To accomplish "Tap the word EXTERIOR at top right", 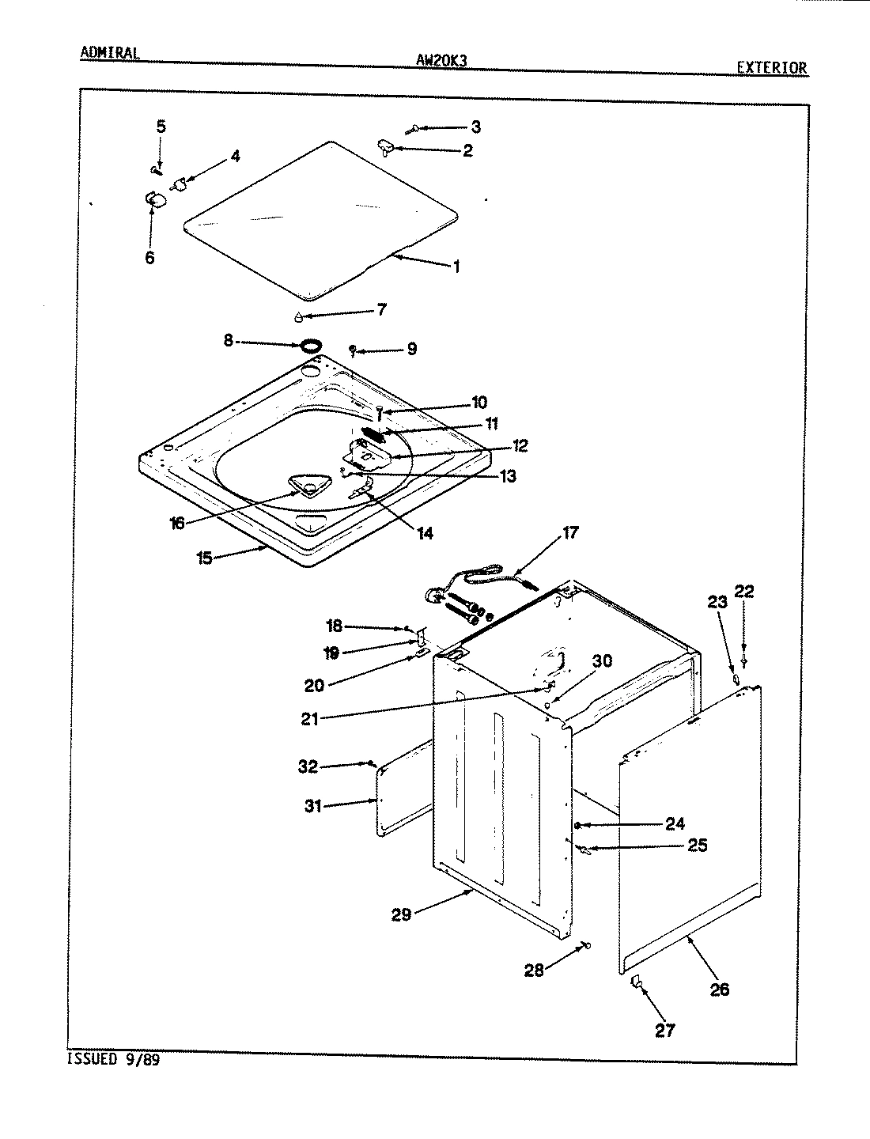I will [772, 68].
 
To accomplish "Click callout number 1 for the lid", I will [456, 267].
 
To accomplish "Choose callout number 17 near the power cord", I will [569, 533].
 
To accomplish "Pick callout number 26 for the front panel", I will [719, 989].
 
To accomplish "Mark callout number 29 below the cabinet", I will [401, 914].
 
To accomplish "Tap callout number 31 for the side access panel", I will [313, 807].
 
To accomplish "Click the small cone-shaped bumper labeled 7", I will [297, 317].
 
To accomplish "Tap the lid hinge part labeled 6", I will [154, 199].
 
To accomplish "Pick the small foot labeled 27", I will [636, 983].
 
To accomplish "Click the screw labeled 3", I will [415, 128].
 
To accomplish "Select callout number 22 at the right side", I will [744, 592].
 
